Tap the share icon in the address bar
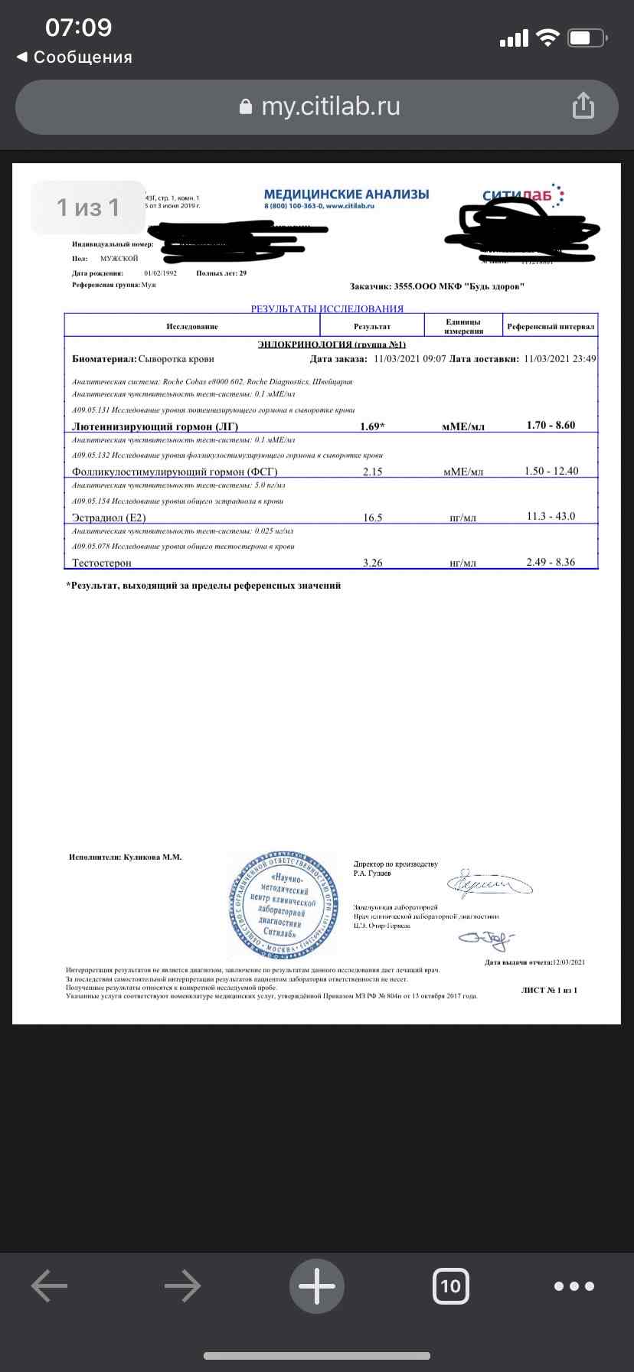click(x=583, y=106)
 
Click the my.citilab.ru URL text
click(x=330, y=106)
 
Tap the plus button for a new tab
click(x=316, y=1286)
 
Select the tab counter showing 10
click(x=450, y=1286)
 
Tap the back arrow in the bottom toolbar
click(x=50, y=1286)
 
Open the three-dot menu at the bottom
click(x=574, y=1286)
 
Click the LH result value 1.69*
click(x=372, y=426)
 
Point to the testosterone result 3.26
click(x=372, y=563)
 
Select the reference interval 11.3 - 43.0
click(x=551, y=517)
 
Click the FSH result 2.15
click(x=372, y=472)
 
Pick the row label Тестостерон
click(x=102, y=563)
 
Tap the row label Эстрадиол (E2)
click(x=109, y=518)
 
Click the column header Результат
click(x=372, y=326)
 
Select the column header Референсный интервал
click(x=551, y=326)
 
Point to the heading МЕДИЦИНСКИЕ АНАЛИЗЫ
click(x=346, y=194)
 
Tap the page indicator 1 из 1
click(x=88, y=207)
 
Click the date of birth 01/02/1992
click(x=160, y=273)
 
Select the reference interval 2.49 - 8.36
click(x=551, y=563)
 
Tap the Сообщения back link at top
click(x=74, y=57)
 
